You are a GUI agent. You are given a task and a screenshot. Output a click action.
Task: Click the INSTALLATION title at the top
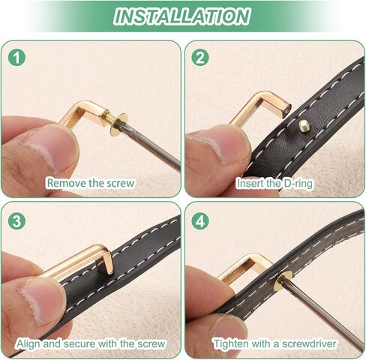tap(181, 16)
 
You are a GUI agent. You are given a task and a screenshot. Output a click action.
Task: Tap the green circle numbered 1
tap(16, 58)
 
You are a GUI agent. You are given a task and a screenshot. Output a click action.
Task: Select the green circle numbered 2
tap(200, 58)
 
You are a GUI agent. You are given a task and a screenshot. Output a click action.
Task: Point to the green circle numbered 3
tap(16, 221)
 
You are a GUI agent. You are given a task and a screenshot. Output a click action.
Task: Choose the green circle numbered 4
tap(200, 221)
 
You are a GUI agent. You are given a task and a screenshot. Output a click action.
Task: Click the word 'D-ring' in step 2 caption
tap(298, 184)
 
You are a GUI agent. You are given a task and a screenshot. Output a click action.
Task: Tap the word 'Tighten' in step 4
tap(231, 344)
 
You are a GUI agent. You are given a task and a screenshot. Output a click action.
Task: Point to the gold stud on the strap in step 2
tap(304, 125)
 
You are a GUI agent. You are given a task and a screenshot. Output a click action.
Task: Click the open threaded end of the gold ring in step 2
tap(286, 109)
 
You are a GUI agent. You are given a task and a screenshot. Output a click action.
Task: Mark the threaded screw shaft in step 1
tap(107, 118)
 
